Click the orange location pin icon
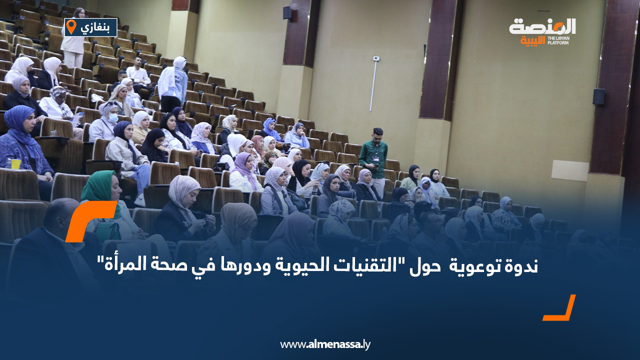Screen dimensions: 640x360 coord(71,27)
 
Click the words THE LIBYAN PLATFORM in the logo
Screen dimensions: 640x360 coord(558,40)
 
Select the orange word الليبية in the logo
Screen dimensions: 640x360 coord(533,40)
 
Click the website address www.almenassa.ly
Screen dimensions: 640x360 coord(325,344)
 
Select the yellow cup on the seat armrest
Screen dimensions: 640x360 coord(16,163)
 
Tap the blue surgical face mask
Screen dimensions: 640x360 coord(113,118)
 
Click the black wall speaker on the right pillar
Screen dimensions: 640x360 coord(598,96)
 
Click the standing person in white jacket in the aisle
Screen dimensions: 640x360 coord(173,83)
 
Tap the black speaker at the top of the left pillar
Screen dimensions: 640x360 coord(287,13)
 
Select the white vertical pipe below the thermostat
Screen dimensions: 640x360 coord(373,86)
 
